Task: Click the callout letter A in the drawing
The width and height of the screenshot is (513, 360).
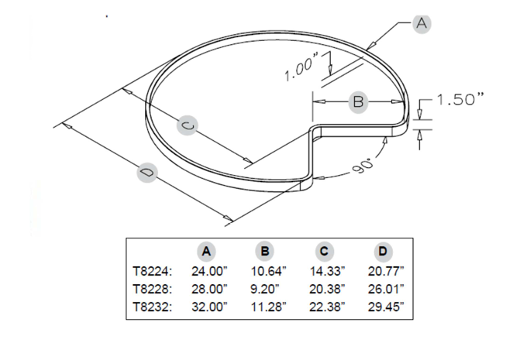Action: [422, 24]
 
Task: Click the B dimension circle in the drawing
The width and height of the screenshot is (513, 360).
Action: [358, 101]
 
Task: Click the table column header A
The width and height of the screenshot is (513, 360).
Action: [206, 251]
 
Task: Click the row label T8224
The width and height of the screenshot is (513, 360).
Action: [152, 272]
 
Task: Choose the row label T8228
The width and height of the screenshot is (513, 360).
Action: [152, 289]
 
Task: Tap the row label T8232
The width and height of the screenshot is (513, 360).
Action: [152, 307]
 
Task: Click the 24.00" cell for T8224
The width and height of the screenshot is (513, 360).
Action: [208, 272]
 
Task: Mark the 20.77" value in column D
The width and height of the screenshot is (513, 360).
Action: [384, 272]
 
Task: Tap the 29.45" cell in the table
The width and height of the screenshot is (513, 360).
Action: [384, 307]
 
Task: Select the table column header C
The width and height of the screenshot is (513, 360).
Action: [324, 251]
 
